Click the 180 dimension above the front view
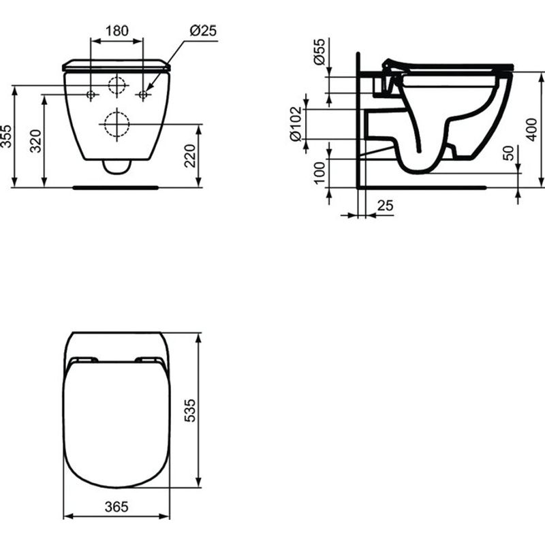117,30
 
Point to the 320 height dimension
37,142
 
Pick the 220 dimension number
191,156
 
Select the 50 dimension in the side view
508,153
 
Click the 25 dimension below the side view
385,205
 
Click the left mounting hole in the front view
91,95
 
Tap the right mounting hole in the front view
143,95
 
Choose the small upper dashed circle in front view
117,86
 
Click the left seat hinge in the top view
84,360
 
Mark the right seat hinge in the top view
149,360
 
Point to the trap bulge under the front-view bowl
117,166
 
